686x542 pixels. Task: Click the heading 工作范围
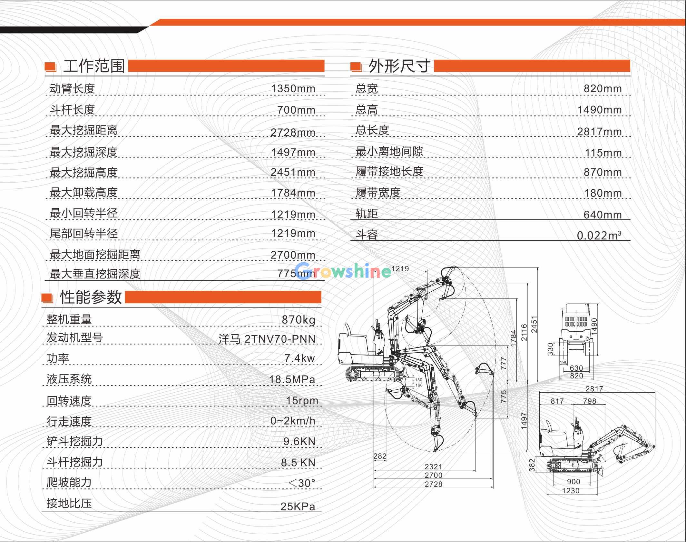[94, 66]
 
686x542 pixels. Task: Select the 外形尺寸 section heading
[399, 66]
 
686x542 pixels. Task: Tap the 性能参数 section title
[91, 297]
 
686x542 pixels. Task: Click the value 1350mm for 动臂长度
[293, 88]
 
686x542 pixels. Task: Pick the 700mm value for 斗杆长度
[296, 110]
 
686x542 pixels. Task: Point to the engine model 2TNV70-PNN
[280, 339]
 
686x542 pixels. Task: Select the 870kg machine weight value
[299, 320]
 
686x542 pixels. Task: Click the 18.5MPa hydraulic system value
[292, 379]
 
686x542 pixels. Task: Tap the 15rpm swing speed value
[302, 401]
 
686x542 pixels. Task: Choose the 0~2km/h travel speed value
[293, 421]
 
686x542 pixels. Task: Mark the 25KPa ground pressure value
[298, 507]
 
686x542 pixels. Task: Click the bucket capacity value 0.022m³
[599, 235]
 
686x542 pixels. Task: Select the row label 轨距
[367, 214]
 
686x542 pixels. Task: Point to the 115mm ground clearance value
[603, 153]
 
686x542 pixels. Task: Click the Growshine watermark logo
[343, 270]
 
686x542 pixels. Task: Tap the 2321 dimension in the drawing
[433, 467]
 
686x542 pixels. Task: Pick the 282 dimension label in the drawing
[380, 456]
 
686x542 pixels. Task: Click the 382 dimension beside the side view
[532, 465]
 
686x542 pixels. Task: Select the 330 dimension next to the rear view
[551, 349]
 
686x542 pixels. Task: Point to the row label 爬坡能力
[69, 482]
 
